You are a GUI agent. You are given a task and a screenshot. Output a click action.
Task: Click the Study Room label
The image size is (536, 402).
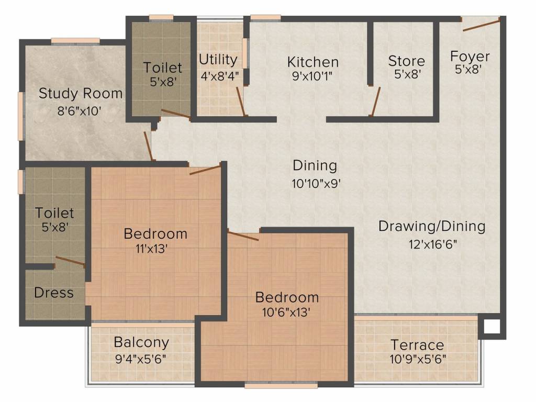81,93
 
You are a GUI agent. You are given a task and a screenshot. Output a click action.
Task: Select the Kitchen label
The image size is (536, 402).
313,62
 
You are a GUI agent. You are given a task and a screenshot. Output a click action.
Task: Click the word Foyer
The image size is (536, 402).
470,57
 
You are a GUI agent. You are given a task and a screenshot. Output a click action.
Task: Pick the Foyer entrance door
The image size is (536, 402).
482,25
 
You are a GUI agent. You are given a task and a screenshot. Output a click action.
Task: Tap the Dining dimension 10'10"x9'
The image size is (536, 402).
316,184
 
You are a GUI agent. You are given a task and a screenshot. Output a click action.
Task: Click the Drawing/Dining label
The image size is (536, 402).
432,226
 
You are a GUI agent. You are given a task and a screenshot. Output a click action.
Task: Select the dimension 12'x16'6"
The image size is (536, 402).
433,244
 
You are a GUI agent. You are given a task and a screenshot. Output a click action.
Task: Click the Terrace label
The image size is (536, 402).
417,345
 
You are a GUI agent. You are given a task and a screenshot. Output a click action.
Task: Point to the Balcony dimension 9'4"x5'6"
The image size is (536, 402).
141,359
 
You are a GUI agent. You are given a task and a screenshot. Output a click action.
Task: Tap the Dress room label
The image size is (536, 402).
54,293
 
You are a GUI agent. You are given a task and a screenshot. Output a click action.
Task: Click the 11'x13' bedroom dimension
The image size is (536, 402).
151,249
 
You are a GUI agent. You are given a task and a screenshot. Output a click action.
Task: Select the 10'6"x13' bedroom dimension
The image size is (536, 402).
286,312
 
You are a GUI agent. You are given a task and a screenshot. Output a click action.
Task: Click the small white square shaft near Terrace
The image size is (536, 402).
492,327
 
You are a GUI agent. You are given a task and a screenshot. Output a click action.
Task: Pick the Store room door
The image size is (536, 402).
375,102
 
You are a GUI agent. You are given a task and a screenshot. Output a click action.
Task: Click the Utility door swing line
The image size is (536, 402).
240,102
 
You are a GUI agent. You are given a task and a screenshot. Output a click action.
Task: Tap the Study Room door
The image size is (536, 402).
148,146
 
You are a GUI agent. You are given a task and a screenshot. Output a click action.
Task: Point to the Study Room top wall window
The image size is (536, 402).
75,41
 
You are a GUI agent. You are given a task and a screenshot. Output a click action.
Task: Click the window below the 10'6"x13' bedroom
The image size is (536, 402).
281,386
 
